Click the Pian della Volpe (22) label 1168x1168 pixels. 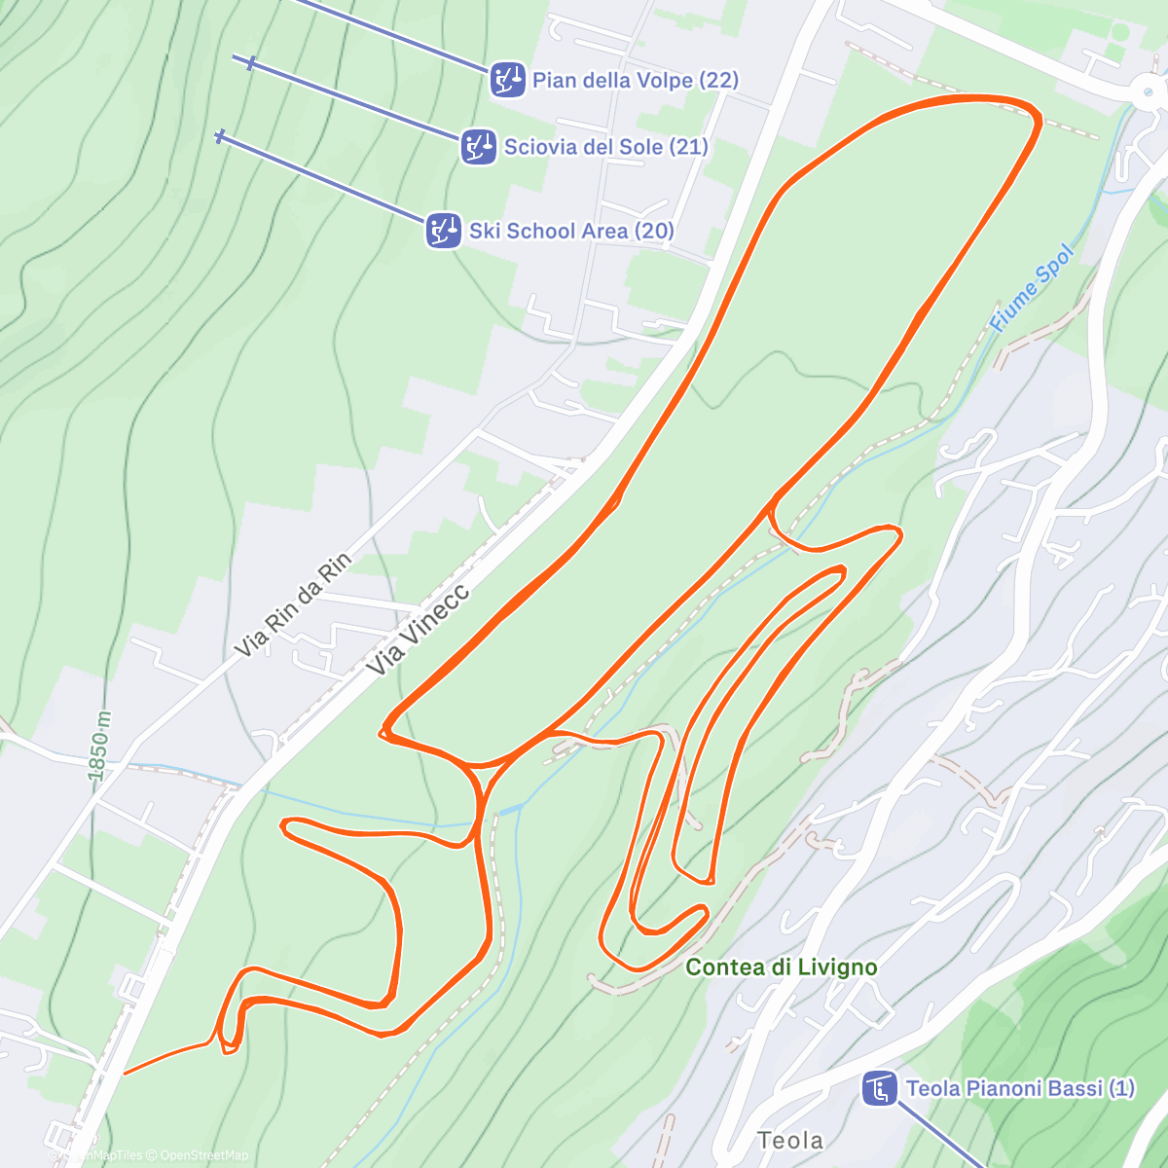pyautogui.click(x=635, y=80)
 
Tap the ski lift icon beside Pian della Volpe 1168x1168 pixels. pyautogui.click(x=507, y=80)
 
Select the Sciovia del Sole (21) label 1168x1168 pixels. pyautogui.click(x=605, y=147)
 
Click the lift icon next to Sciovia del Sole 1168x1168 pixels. pyautogui.click(x=478, y=148)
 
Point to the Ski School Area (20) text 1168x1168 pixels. pyautogui.click(x=571, y=231)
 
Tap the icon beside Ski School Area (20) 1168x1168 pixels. pyautogui.click(x=444, y=231)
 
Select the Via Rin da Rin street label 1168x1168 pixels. pyautogui.click(x=293, y=604)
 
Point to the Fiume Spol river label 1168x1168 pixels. pyautogui.click(x=1032, y=288)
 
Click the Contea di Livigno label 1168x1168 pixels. pyautogui.click(x=782, y=967)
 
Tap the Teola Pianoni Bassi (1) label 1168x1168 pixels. pyautogui.click(x=1020, y=1088)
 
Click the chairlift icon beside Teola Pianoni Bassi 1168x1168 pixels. pyautogui.click(x=880, y=1088)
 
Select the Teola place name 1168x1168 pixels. pyautogui.click(x=790, y=1140)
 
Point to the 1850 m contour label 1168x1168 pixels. pyautogui.click(x=99, y=746)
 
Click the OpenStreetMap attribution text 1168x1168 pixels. pyautogui.click(x=203, y=1155)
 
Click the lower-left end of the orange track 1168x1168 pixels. pyautogui.click(x=126, y=1074)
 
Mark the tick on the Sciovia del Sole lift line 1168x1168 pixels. pyautogui.click(x=251, y=63)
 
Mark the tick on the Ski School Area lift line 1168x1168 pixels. pyautogui.click(x=220, y=136)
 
